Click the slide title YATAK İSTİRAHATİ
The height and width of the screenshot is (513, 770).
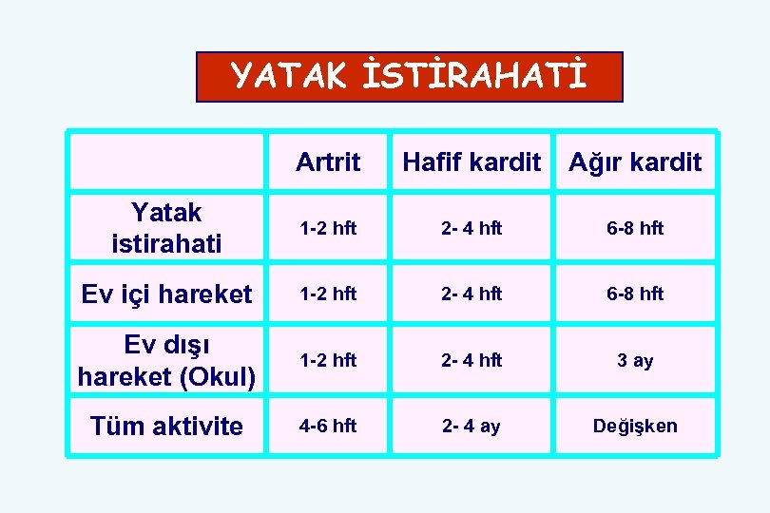[409, 76]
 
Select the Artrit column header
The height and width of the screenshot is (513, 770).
[328, 161]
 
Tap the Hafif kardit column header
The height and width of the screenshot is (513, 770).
[472, 161]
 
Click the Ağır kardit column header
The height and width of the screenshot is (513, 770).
[635, 161]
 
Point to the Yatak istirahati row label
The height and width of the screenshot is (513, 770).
[165, 227]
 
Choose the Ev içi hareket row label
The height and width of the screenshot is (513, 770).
[166, 294]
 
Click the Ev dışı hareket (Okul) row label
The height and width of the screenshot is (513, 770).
[166, 360]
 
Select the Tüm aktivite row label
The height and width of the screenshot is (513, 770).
[166, 426]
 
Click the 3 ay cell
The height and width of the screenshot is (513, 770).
[635, 361]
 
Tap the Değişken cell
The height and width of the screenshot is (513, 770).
[635, 426]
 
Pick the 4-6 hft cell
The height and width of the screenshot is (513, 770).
[328, 426]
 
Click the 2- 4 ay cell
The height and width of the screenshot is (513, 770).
[471, 426]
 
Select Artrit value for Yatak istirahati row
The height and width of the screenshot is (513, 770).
[328, 228]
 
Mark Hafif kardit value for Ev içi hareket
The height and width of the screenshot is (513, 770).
[471, 294]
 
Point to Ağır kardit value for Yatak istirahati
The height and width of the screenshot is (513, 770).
[635, 228]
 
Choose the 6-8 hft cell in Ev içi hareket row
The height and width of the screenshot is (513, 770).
[635, 294]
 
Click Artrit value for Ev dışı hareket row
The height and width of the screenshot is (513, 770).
[328, 360]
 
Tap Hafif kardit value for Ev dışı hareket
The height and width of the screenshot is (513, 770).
[471, 360]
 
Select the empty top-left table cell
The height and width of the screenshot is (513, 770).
[166, 161]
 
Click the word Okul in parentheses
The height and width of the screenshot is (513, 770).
[219, 377]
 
